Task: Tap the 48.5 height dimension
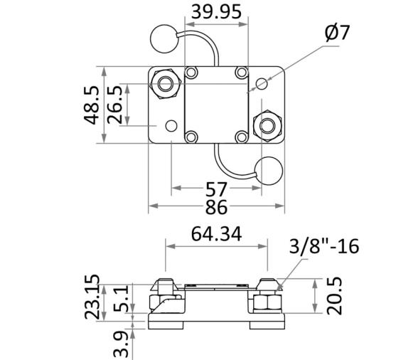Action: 93,105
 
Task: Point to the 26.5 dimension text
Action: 115,105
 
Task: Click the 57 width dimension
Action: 215,189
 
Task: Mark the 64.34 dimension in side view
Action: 216,233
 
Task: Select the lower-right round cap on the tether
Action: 269,171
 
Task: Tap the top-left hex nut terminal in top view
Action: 167,84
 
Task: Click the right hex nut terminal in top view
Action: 267,125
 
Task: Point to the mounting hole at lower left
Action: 171,126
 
